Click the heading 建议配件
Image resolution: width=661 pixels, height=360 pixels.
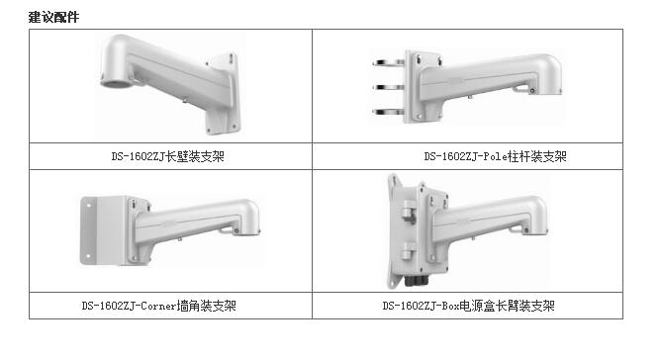[54, 17]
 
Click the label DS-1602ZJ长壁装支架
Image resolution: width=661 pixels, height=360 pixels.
[168, 157]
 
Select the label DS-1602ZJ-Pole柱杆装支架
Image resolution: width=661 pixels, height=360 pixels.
[496, 157]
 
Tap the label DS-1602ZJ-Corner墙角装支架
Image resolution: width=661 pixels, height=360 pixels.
[159, 306]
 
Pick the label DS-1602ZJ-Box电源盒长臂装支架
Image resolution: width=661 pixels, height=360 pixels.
[469, 306]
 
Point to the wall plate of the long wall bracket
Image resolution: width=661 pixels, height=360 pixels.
[223, 93]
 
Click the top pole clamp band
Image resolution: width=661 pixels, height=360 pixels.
[389, 63]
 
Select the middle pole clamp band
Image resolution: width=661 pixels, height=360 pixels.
[389, 88]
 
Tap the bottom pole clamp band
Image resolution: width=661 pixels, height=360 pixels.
[389, 112]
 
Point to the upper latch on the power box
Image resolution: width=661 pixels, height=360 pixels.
[409, 210]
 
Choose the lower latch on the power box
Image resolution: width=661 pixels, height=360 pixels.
[409, 251]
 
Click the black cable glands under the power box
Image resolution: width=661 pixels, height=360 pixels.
[416, 280]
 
